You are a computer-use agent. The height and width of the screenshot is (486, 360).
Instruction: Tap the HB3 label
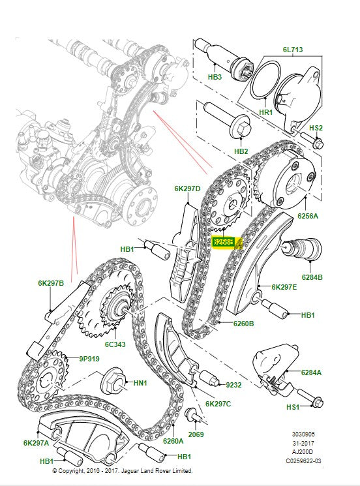click(x=215, y=77)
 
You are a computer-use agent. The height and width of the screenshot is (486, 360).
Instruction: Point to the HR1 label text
click(x=266, y=112)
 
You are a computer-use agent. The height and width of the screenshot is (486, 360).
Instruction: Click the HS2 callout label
click(x=316, y=128)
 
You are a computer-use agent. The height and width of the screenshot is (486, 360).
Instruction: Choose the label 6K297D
click(x=187, y=189)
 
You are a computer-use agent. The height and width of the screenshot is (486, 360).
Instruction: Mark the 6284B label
click(x=312, y=277)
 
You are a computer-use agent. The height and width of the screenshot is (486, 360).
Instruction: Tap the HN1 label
click(x=140, y=384)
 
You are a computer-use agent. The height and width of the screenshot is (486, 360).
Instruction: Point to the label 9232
click(x=233, y=385)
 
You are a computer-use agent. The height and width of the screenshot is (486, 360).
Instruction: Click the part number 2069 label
click(x=196, y=434)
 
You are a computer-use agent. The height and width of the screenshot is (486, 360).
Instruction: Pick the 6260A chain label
click(x=173, y=442)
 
